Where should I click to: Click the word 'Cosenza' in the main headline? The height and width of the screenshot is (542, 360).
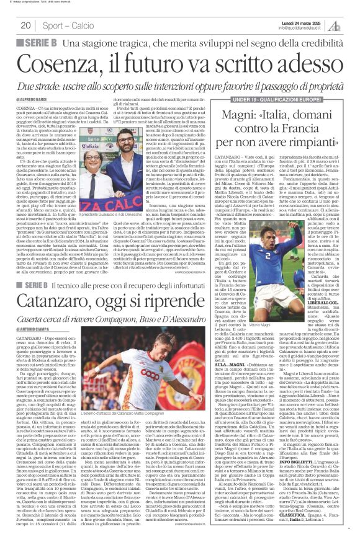tap(68, 63)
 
